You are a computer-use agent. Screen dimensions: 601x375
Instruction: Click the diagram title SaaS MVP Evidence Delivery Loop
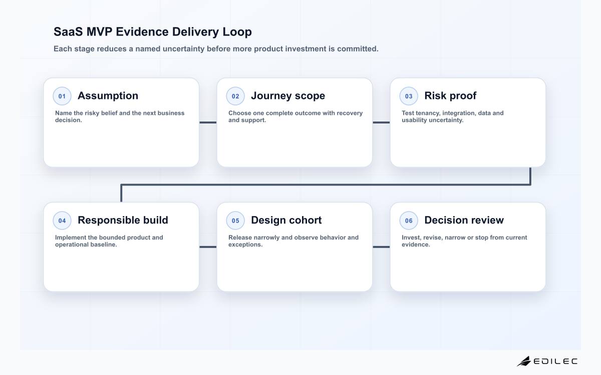coord(153,32)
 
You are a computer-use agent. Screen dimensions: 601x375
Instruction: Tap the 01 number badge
coord(62,96)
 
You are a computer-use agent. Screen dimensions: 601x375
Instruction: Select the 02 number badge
coord(235,96)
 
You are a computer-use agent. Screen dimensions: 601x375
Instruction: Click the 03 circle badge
coord(409,96)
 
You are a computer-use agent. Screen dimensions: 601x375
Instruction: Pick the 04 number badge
coord(62,220)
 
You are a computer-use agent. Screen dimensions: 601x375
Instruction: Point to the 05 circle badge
coord(235,220)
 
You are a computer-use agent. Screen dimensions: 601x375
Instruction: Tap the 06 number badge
coord(409,220)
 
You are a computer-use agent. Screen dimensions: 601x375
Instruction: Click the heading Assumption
coord(108,96)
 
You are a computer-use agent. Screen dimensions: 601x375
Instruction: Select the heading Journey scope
coord(288,96)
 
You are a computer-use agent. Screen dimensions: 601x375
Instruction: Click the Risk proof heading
coord(450,96)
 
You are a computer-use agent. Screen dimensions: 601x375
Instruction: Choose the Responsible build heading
coord(123,220)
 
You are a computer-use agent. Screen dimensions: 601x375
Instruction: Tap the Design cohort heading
coord(286,220)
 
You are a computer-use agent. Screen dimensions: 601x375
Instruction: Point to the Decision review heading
coord(464,220)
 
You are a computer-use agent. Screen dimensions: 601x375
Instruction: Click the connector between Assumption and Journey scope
coord(208,122)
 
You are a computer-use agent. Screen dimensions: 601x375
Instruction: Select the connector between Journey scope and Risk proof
coord(381,122)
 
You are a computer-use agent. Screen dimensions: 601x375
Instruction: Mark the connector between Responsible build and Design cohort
coord(208,247)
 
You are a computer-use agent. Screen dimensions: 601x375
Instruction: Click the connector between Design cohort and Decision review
coord(381,247)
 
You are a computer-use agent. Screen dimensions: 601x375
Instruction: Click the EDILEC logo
coord(547,361)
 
